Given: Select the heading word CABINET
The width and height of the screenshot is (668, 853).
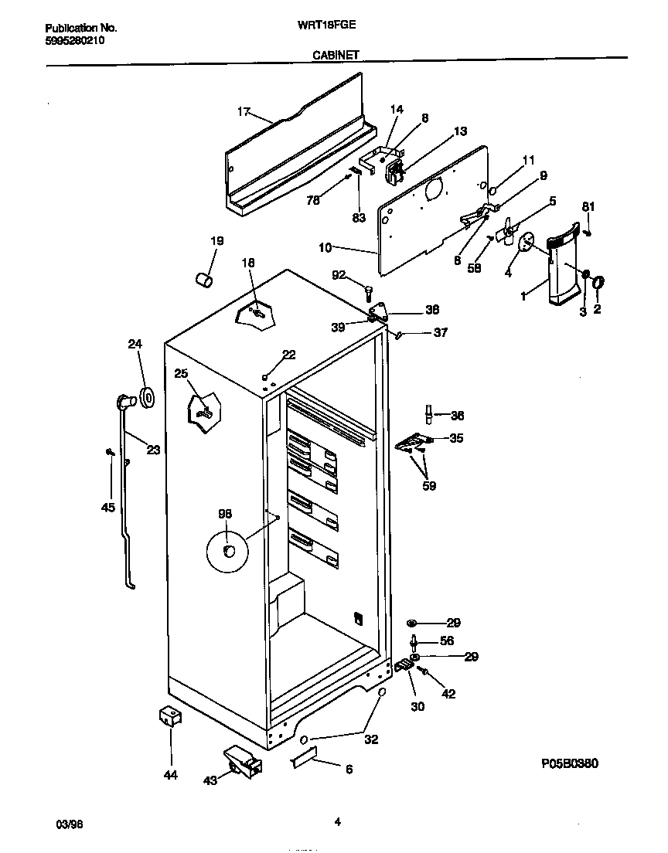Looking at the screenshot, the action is point(335,55).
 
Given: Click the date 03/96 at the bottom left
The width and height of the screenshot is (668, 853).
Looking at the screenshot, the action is point(70,824).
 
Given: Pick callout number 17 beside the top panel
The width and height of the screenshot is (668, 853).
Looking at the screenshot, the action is point(244,112).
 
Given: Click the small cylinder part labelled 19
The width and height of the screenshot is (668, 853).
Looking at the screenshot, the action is point(203,278).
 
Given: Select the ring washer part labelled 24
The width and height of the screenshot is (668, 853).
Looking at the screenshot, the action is point(145,397).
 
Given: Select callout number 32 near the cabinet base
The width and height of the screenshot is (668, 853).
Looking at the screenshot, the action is point(371,739).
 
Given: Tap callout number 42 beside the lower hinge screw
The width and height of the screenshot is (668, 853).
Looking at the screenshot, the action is point(448,694).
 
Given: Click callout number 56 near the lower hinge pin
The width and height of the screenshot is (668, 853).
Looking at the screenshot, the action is point(447,641).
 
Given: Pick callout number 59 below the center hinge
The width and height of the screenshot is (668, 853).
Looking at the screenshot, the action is point(428,486).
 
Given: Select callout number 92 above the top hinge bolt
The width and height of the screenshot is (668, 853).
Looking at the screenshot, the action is point(339,274).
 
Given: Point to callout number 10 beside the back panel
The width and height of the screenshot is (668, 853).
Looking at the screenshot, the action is point(325,247).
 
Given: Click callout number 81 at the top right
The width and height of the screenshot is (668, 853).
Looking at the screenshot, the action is point(588,206).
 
